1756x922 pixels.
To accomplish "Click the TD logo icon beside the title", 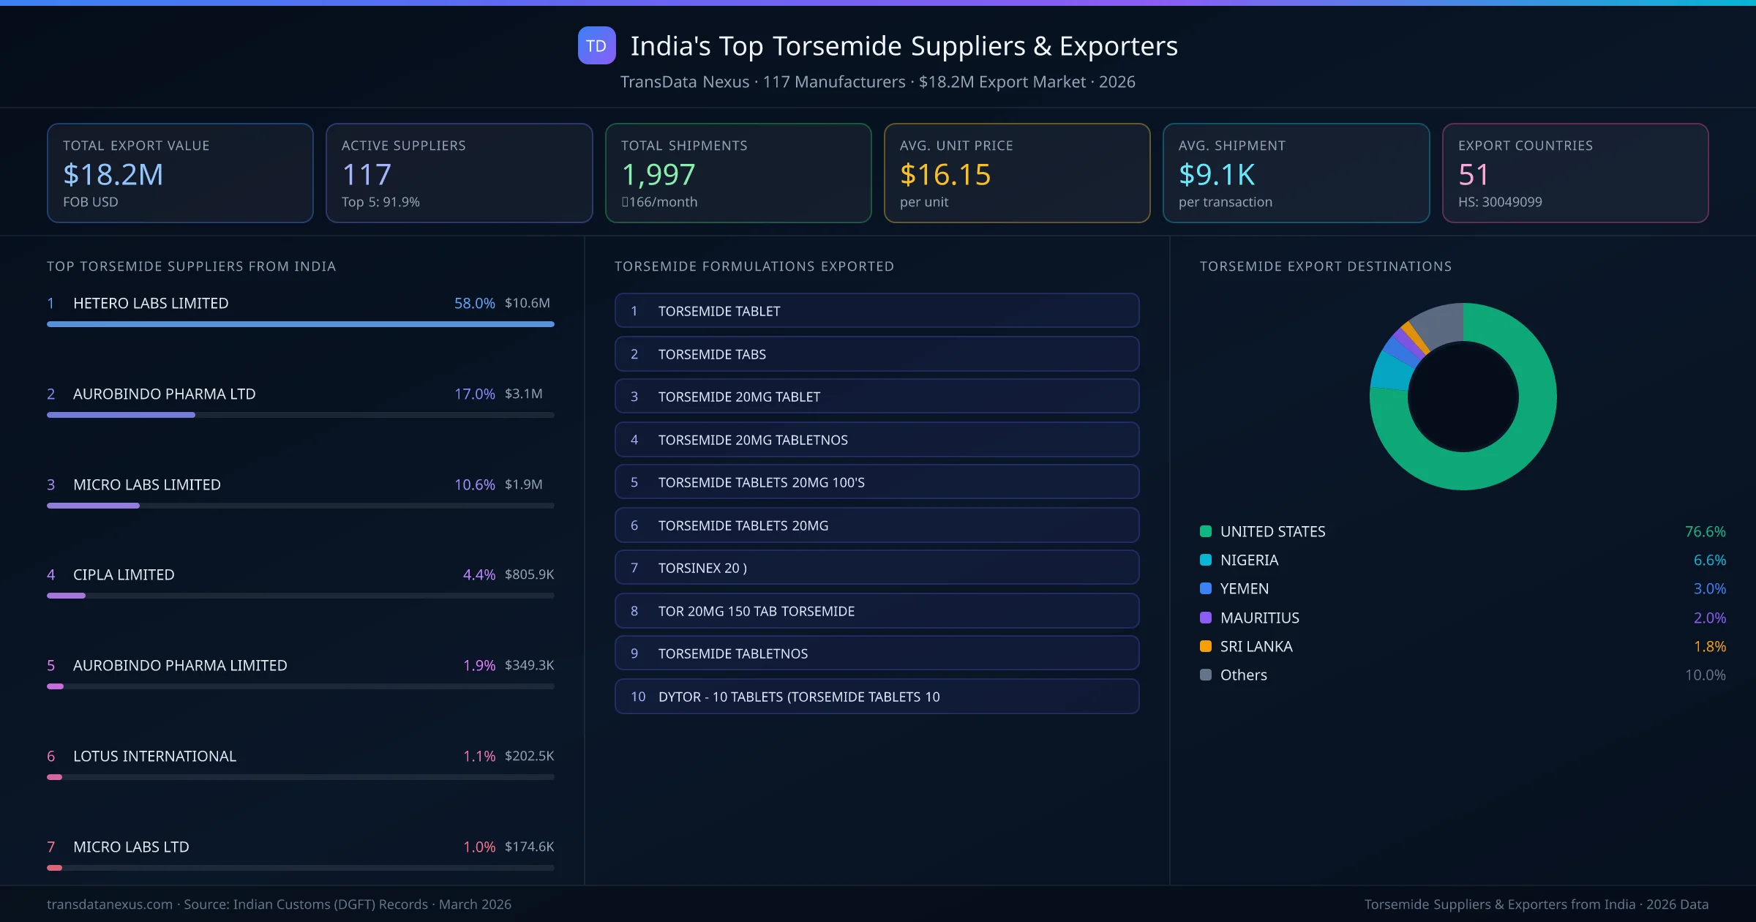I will click(x=596, y=46).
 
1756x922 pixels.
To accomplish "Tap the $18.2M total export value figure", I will click(x=113, y=175).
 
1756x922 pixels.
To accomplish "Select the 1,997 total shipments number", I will click(x=658, y=175).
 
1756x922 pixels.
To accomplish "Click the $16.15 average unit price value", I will click(x=945, y=175).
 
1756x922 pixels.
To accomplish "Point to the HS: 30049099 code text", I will click(x=1499, y=202).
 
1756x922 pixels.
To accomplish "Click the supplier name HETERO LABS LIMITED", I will click(x=151, y=303).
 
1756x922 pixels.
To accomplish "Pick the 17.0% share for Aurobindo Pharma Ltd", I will click(x=474, y=394).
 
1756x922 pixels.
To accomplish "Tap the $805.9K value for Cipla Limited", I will click(x=529, y=574).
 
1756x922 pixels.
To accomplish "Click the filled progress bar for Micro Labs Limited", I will click(x=93, y=506).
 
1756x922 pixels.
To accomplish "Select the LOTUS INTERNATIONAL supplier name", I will click(x=154, y=756).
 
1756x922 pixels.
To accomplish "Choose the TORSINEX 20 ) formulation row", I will click(x=877, y=568).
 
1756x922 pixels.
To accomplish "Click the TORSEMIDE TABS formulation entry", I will click(x=877, y=354).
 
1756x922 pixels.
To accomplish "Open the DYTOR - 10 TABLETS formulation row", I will click(x=877, y=697).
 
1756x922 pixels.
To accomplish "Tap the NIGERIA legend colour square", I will click(x=1206, y=561).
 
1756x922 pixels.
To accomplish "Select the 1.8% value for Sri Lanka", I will click(x=1709, y=647).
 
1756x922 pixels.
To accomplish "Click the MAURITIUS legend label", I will click(x=1259, y=618).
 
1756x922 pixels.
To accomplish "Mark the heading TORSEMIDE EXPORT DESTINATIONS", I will click(x=1325, y=266).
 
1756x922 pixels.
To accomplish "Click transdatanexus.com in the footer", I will click(x=110, y=904).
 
